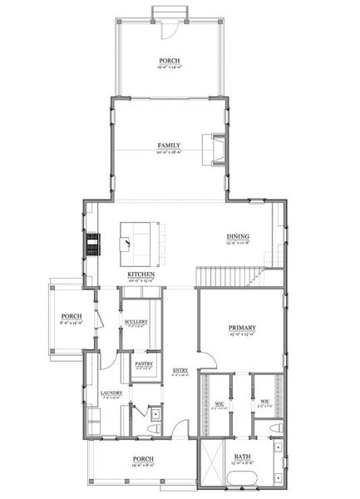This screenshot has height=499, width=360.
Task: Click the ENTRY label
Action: click(180, 370)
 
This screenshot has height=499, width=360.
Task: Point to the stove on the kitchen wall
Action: click(92, 246)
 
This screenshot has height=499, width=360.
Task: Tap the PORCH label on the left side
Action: click(68, 316)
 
